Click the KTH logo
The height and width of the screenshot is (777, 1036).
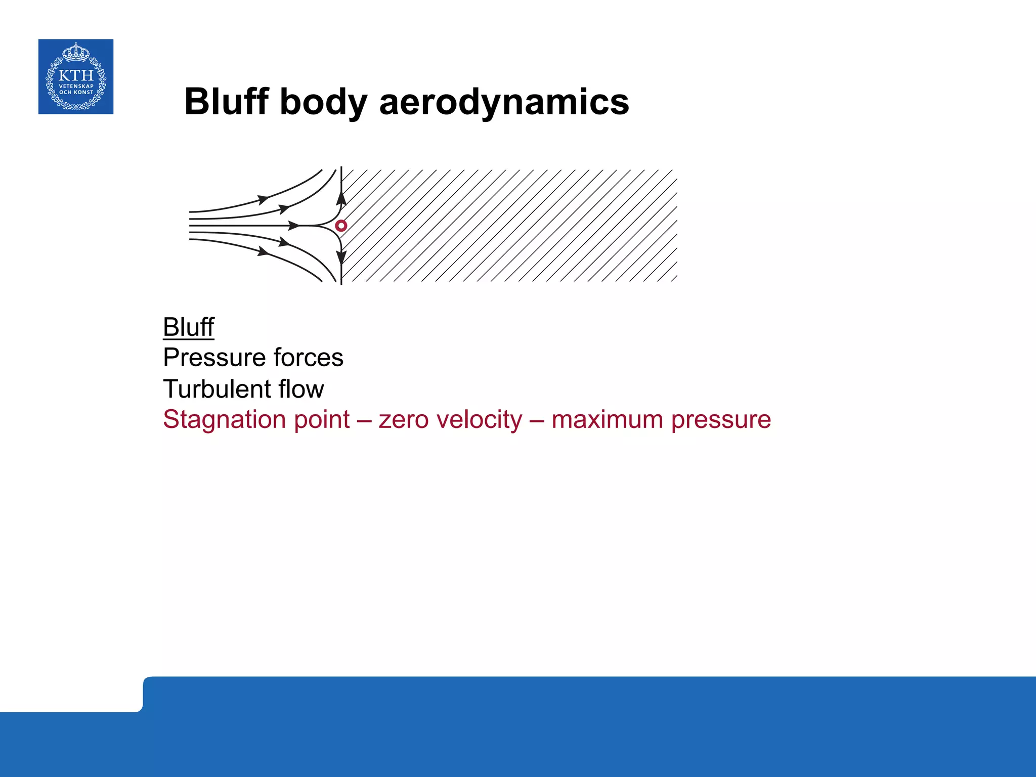pyautogui.click(x=76, y=77)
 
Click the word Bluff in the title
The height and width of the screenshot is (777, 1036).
pyautogui.click(x=226, y=102)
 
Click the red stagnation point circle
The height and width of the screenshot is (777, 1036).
pyautogui.click(x=341, y=226)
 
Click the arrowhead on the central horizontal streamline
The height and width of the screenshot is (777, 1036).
pyautogui.click(x=294, y=225)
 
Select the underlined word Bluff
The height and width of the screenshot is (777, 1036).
pyautogui.click(x=188, y=327)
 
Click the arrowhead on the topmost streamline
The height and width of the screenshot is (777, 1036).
pyautogui.click(x=263, y=199)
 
